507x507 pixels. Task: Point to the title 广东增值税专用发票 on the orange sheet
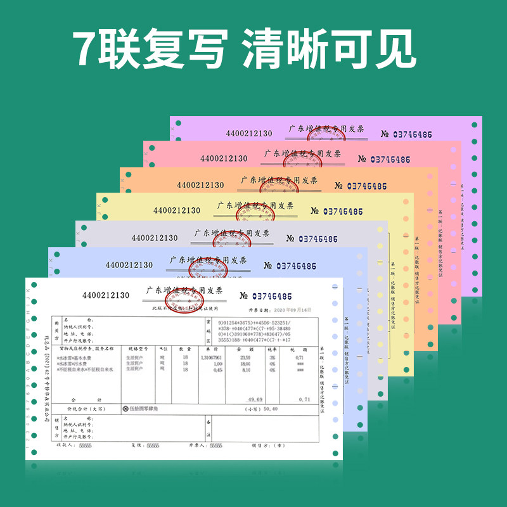coord(278,180)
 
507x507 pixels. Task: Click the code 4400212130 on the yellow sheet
coord(176,210)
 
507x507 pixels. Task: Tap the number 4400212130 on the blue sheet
coord(129,265)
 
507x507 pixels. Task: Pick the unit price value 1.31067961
coord(211,358)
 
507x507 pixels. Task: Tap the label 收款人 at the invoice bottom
coord(61,446)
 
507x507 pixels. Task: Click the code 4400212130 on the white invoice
coord(105,295)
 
